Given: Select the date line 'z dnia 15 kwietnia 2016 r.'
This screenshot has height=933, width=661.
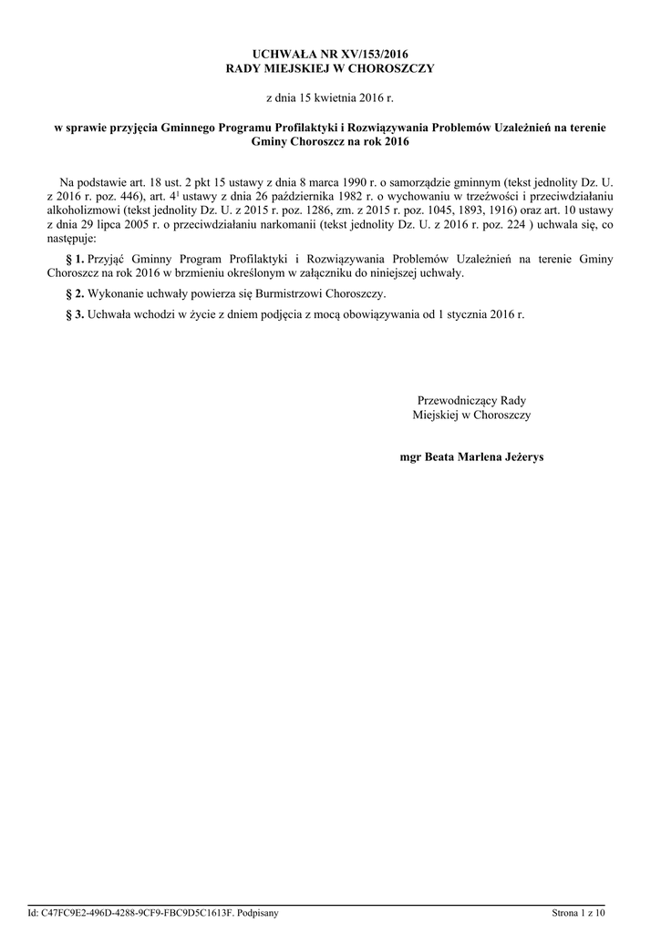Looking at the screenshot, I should [330, 97].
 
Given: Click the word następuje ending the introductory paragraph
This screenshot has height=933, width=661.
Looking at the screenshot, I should [82, 240].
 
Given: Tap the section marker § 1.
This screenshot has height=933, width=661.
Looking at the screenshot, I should [77, 259].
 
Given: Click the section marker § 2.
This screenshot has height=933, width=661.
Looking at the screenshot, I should [77, 294].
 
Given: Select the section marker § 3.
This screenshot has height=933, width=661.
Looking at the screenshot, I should [77, 314].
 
